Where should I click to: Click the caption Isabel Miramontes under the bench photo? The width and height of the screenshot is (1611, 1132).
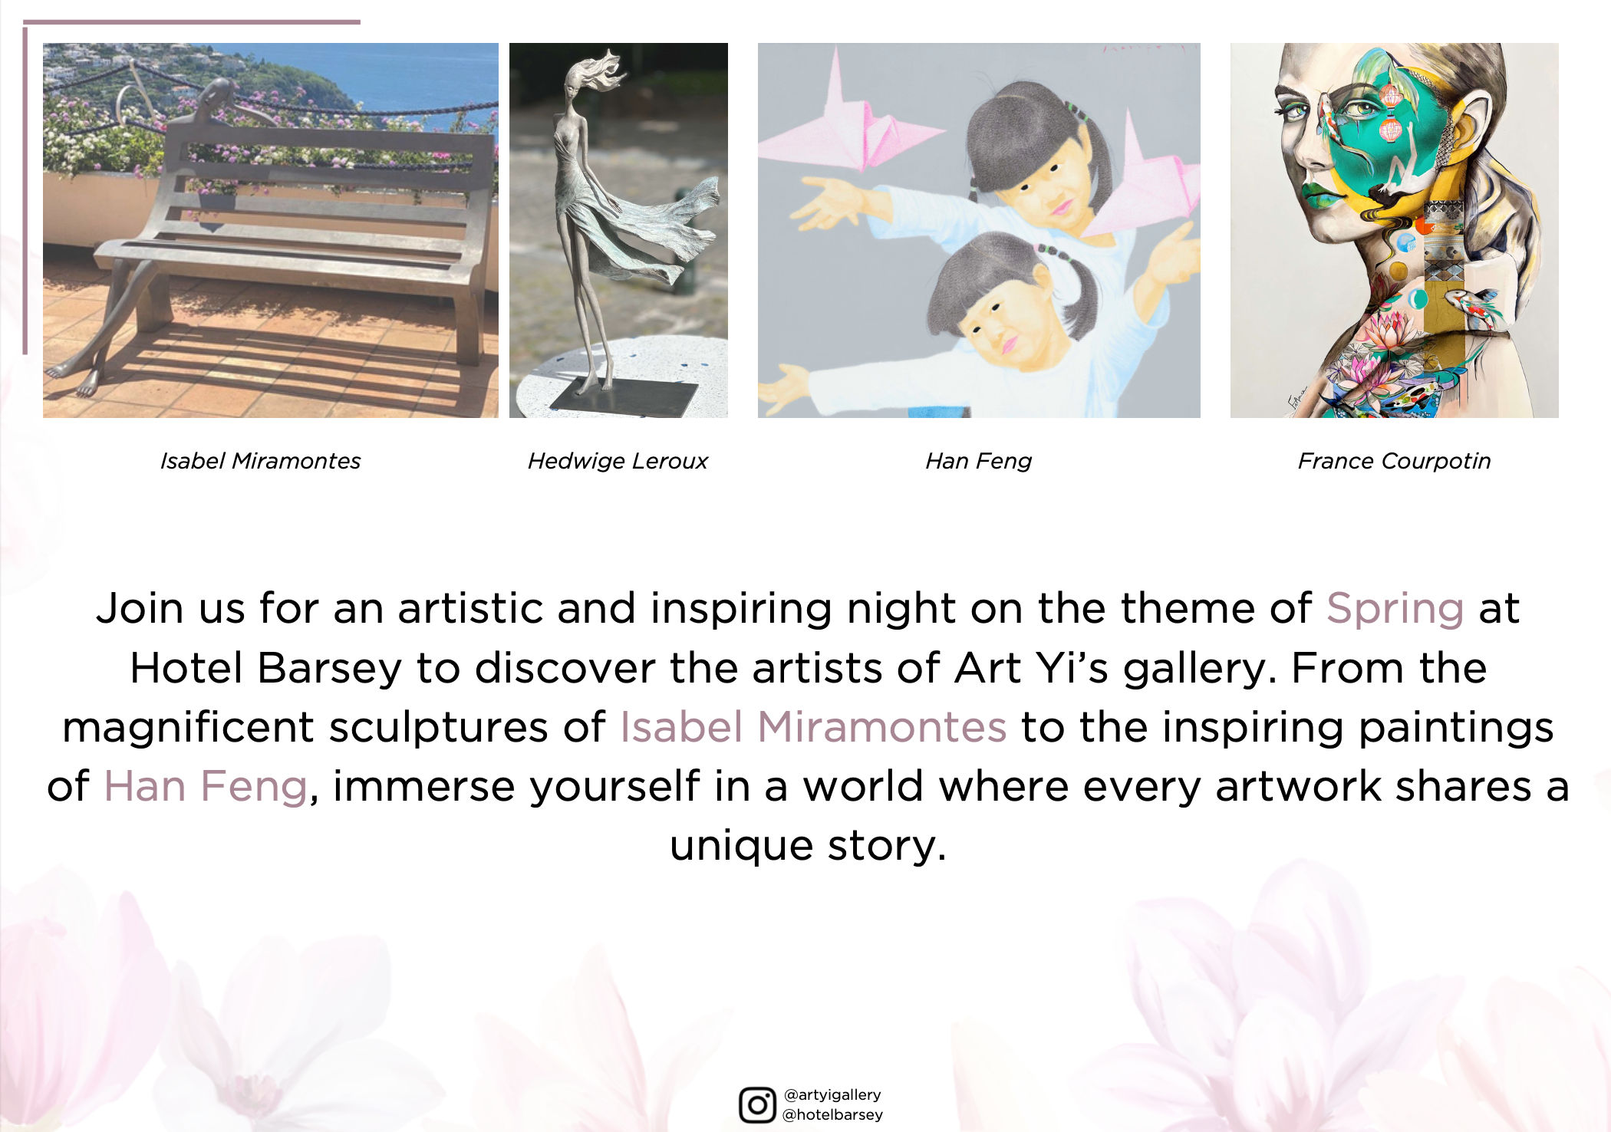pyautogui.click(x=260, y=461)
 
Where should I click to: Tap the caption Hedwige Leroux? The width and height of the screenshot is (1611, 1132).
pyautogui.click(x=618, y=461)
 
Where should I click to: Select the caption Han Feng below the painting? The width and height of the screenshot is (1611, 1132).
pyautogui.click(x=978, y=461)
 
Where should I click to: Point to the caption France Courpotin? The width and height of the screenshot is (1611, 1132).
pyautogui.click(x=1394, y=461)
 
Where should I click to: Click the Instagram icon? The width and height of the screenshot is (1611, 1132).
pyautogui.click(x=757, y=1104)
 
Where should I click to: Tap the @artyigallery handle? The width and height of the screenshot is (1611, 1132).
pyautogui.click(x=832, y=1094)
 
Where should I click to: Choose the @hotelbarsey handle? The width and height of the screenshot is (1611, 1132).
pyautogui.click(x=832, y=1114)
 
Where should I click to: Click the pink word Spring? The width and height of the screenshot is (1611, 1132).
pyautogui.click(x=1395, y=610)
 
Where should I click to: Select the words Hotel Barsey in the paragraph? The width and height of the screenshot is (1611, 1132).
pyautogui.click(x=265, y=668)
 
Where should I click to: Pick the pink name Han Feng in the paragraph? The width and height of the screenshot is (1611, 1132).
pyautogui.click(x=206, y=787)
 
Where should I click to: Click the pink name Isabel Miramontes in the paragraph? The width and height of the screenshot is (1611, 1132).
pyautogui.click(x=813, y=727)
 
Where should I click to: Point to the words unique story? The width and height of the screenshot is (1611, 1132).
pyautogui.click(x=808, y=846)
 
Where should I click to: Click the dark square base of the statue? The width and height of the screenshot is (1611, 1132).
pyautogui.click(x=624, y=397)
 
